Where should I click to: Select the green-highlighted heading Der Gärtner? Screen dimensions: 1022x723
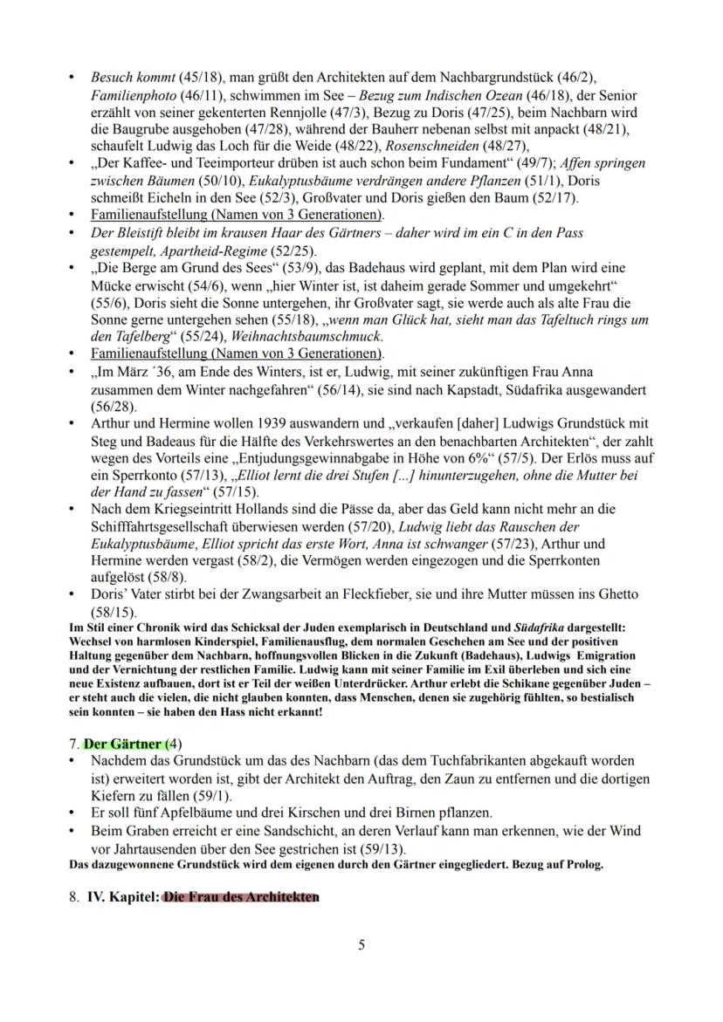click(x=121, y=744)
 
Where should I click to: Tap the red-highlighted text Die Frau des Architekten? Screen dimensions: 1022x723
click(x=240, y=896)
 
